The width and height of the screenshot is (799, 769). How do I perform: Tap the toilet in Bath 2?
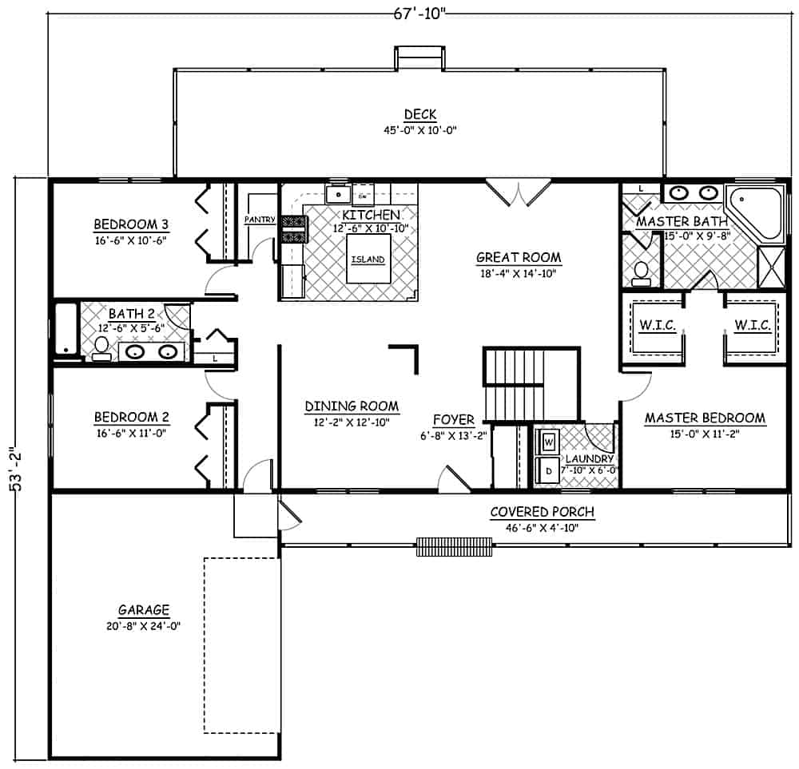click(x=101, y=347)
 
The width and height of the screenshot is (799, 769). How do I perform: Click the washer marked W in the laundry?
click(x=550, y=440)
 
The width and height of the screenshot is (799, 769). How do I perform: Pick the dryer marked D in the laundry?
click(x=550, y=470)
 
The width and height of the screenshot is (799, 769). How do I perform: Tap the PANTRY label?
click(x=260, y=219)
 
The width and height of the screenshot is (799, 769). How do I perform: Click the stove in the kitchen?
click(x=293, y=230)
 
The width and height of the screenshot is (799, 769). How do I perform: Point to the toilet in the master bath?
click(x=641, y=274)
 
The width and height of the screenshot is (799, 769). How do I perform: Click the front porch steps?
click(x=454, y=546)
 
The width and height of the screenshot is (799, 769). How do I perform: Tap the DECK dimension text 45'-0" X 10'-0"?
click(x=419, y=129)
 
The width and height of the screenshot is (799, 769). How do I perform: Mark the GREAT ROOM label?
click(x=519, y=257)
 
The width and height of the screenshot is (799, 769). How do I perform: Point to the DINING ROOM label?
click(x=352, y=406)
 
